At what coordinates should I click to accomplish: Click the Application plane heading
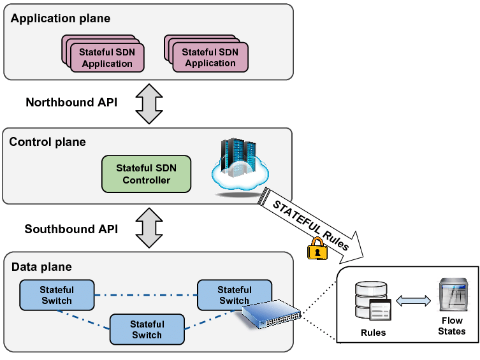click(61, 18)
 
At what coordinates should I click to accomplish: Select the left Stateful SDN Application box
click(106, 57)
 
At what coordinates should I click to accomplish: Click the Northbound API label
click(71, 102)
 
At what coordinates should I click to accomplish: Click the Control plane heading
click(47, 141)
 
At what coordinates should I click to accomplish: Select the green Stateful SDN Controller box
click(146, 174)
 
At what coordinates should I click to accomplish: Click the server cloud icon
click(239, 165)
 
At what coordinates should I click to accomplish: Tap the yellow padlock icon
click(317, 249)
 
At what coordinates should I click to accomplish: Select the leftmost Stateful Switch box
click(57, 295)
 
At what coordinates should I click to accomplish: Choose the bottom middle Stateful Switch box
click(147, 329)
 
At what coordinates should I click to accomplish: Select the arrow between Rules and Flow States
click(413, 301)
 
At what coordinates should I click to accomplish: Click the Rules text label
click(373, 333)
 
